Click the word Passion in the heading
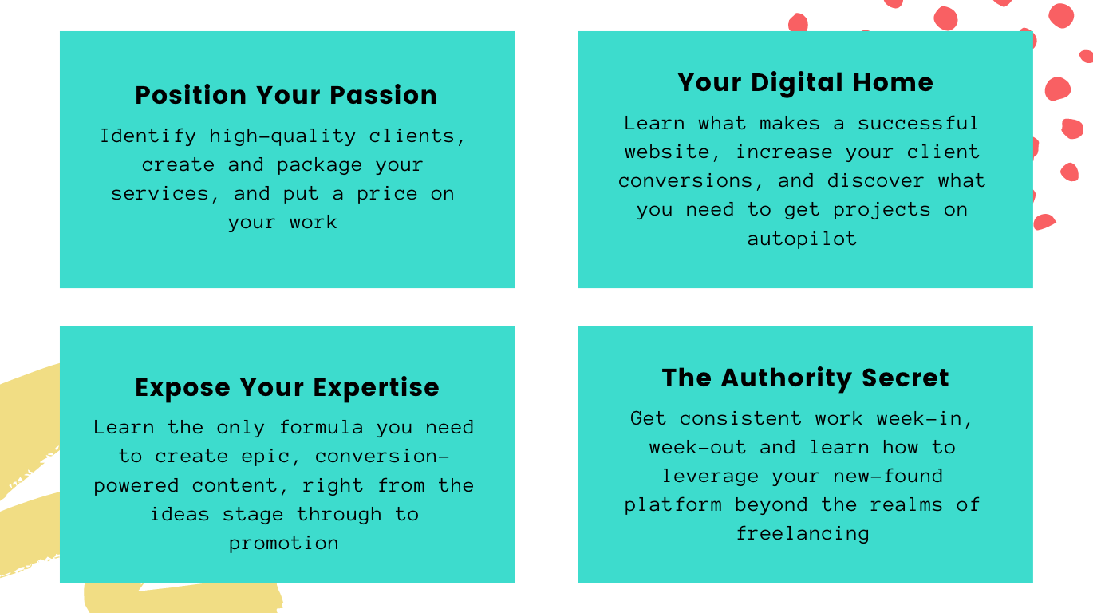383,95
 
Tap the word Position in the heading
191,95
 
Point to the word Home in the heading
893,82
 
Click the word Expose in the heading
183,388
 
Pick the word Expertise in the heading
377,388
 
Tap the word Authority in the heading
786,378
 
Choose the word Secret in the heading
906,378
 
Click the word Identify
148,136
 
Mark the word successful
917,123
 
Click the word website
666,152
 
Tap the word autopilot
802,239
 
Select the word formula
321,427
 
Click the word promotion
283,544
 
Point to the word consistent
740,419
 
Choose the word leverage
710,477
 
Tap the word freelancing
803,533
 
